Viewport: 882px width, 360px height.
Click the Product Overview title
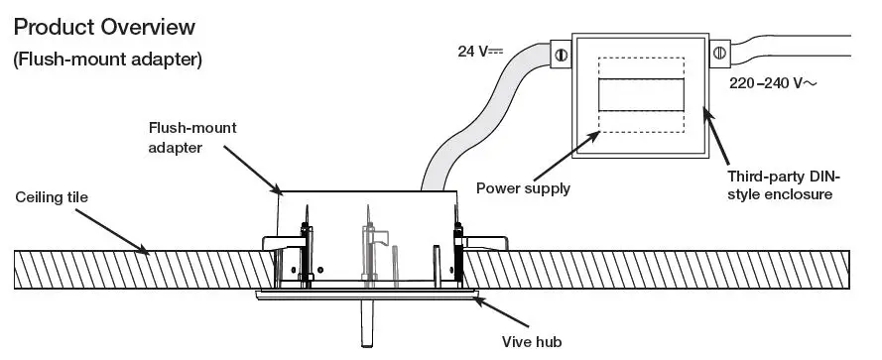tap(104, 27)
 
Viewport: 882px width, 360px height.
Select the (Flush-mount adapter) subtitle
tap(108, 60)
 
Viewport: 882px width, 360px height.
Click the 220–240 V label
tap(771, 85)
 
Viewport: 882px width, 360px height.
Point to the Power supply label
tap(523, 187)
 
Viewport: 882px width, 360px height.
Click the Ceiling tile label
tap(52, 197)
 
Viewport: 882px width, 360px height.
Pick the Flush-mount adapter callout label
tap(192, 138)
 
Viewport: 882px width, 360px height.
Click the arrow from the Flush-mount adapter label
tap(250, 169)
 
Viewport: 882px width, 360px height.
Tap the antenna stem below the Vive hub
tap(366, 323)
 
